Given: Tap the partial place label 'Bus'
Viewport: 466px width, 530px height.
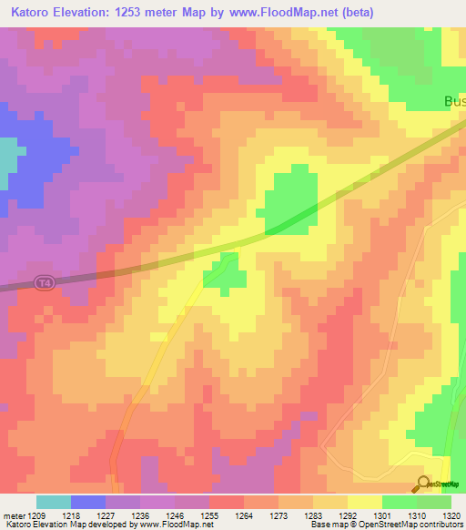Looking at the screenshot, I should [x=454, y=102].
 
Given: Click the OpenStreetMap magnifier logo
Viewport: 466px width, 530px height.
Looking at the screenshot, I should [x=424, y=484].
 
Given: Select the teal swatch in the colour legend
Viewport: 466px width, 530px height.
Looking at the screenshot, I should [x=54, y=502].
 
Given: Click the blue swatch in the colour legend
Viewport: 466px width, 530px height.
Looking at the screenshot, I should [x=88, y=502].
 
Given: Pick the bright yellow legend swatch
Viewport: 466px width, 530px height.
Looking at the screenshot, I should [x=364, y=502].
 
